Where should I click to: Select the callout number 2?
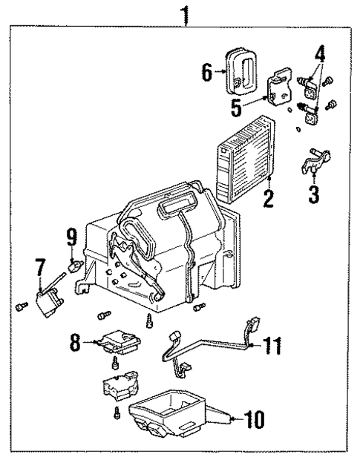[x=269, y=197]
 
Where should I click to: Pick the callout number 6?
[x=208, y=72]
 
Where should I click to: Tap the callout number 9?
[x=73, y=238]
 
